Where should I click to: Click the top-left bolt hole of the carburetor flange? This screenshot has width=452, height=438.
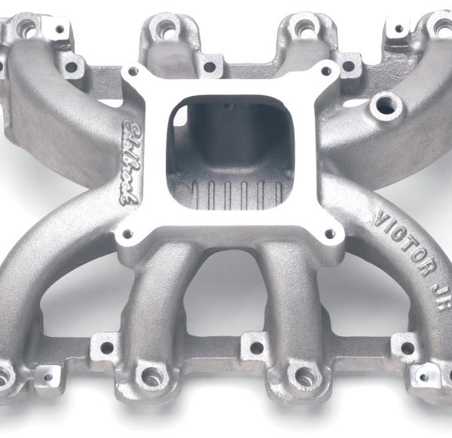pyautogui.click(x=133, y=72)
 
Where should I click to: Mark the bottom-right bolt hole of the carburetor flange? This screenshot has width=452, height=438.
pyautogui.click(x=330, y=232)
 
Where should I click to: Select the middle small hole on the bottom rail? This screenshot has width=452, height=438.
pyautogui.click(x=257, y=348)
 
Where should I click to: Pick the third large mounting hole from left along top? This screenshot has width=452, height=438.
pyautogui.click(x=304, y=29)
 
